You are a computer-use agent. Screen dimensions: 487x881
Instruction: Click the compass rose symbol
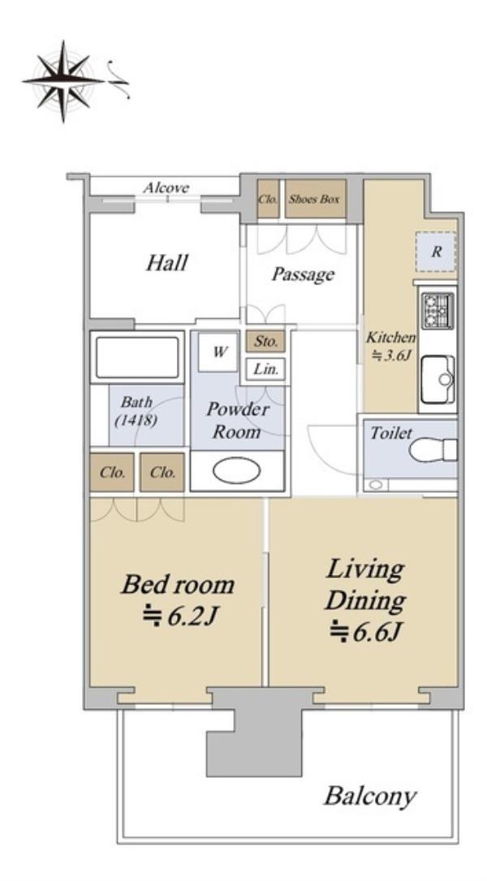(63, 81)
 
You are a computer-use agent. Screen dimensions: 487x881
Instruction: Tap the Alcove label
(166, 188)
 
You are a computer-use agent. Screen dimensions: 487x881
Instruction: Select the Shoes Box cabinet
(315, 199)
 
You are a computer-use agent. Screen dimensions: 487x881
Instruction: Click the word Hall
(167, 262)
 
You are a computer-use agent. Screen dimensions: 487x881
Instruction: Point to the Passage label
(304, 274)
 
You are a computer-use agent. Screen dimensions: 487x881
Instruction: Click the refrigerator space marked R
(436, 252)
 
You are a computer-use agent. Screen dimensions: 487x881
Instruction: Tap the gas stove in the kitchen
(437, 311)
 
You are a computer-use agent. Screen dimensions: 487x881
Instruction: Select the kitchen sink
(437, 379)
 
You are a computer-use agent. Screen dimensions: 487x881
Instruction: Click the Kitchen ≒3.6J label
(391, 346)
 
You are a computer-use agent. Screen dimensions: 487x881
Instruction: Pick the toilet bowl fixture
(433, 450)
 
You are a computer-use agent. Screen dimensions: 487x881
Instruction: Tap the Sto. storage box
(265, 341)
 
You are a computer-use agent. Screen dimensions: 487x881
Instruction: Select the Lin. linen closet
(265, 369)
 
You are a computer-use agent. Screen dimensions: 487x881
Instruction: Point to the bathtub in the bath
(137, 356)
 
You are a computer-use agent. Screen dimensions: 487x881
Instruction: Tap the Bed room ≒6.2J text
(178, 600)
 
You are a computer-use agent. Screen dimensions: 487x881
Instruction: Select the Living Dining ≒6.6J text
(364, 600)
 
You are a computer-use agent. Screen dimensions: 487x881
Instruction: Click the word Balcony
(370, 797)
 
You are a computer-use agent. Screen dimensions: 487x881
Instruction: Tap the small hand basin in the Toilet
(375, 484)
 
